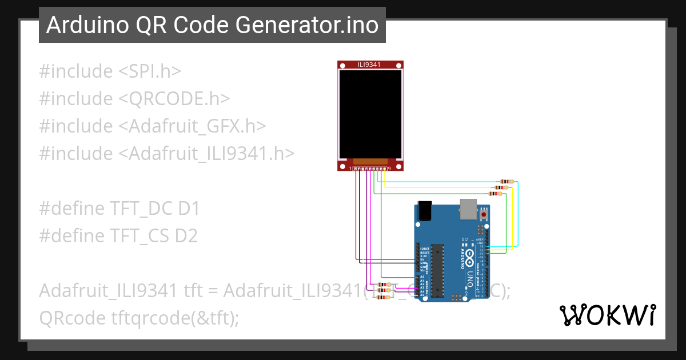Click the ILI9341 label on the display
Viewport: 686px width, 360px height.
click(369, 65)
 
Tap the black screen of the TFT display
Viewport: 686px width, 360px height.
click(370, 114)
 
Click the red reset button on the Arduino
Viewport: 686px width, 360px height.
click(484, 214)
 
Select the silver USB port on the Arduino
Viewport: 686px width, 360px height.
click(468, 209)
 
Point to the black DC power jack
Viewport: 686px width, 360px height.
click(425, 211)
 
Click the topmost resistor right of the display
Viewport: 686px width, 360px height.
click(506, 181)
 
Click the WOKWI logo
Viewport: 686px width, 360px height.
click(607, 315)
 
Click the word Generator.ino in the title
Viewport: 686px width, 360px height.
click(323, 25)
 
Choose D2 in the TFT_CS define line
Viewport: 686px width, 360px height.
click(186, 235)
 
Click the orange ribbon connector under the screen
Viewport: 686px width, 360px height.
click(370, 162)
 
